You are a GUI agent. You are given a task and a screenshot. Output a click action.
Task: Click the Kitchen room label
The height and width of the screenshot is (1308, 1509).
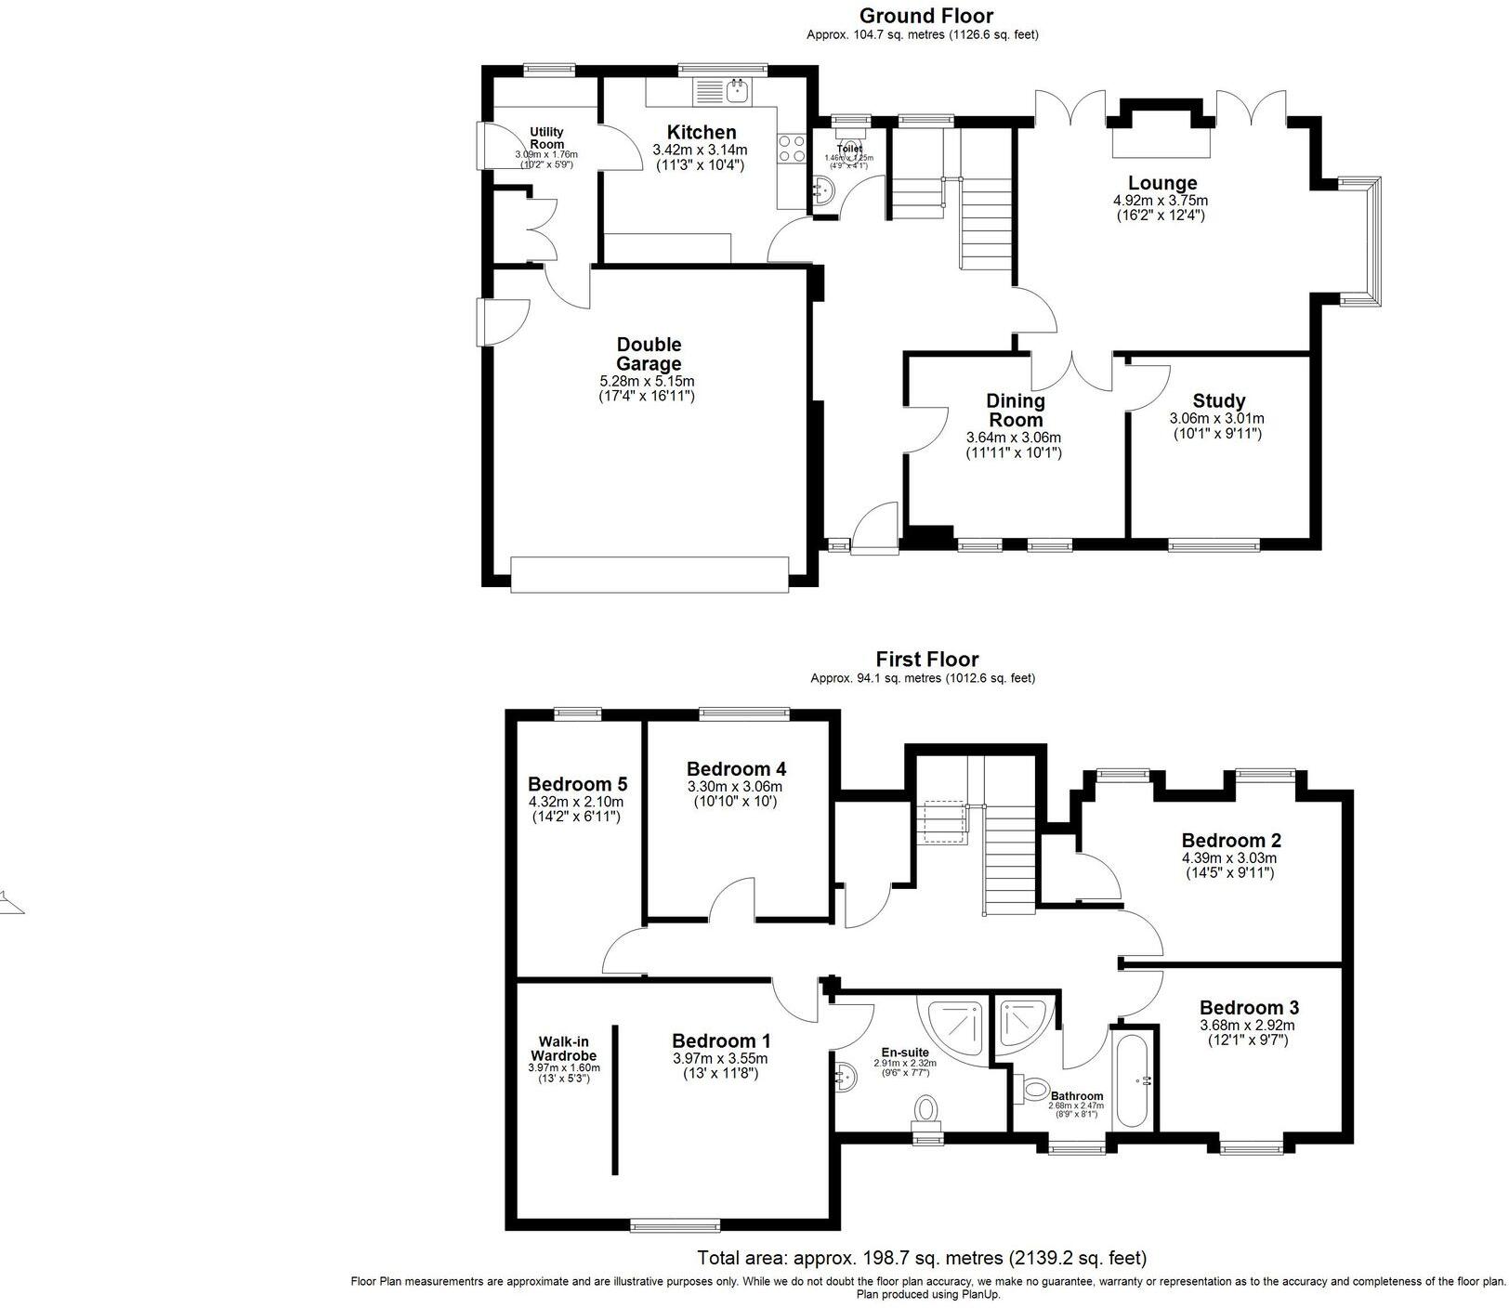[x=701, y=133]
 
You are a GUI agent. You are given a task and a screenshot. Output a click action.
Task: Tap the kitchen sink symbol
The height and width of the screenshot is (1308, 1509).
[x=737, y=90]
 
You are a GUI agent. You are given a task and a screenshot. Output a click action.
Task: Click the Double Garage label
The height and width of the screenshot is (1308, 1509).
[x=649, y=355]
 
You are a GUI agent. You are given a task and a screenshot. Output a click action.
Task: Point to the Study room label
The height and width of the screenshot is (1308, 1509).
[x=1218, y=401]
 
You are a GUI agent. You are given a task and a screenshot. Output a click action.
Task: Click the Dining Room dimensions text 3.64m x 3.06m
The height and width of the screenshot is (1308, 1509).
[x=1013, y=438]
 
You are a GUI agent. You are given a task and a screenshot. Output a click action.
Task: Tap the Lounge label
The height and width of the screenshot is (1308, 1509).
[x=1162, y=183]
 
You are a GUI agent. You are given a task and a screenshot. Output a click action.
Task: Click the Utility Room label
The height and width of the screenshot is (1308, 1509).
[x=547, y=138]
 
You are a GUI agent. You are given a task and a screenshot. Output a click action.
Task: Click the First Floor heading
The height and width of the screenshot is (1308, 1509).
[x=926, y=660]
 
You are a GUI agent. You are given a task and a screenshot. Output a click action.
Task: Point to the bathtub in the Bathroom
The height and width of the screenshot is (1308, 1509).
[x=1133, y=1078]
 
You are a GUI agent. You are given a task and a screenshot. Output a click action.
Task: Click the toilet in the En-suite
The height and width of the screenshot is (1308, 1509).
[x=926, y=1109]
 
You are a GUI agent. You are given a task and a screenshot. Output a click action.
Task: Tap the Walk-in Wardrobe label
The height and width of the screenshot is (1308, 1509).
[x=563, y=1049]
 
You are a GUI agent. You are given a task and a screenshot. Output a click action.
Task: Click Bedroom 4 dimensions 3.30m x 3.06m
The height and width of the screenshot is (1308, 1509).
[x=736, y=786]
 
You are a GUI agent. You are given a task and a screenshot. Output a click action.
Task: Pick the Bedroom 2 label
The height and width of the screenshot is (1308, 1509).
[x=1231, y=841]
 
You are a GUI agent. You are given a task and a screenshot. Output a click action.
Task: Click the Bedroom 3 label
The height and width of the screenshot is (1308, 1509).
[x=1249, y=1008]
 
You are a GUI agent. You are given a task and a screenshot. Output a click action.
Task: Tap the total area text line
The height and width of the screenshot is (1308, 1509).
[x=922, y=1259]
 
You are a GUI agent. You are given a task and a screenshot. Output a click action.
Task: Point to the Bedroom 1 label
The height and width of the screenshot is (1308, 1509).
[x=721, y=1041]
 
